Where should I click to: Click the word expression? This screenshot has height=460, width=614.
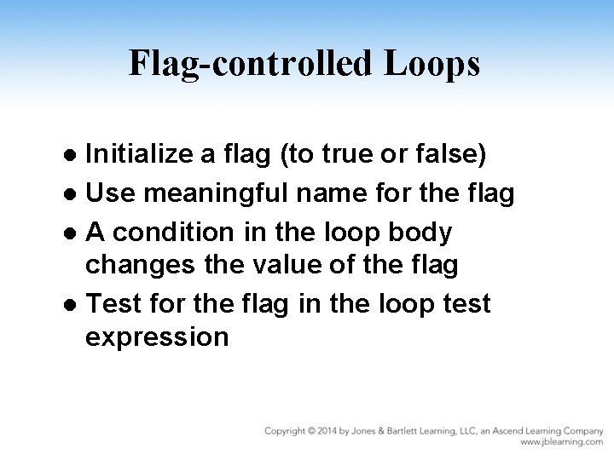click(157, 336)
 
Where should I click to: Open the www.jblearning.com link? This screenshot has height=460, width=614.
click(561, 443)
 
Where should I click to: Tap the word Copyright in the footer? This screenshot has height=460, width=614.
click(287, 431)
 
